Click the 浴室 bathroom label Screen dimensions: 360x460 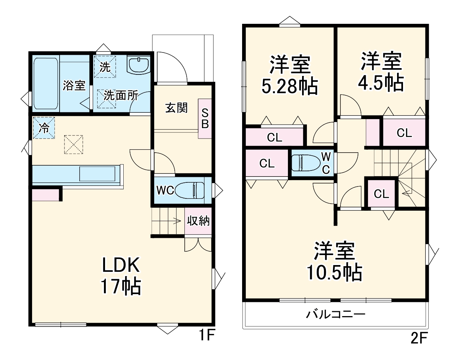[x=74, y=86]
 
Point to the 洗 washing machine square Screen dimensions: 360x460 [x=105, y=67]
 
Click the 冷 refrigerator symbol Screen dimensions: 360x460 [x=44, y=128]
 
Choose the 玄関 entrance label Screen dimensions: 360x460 [x=176, y=108]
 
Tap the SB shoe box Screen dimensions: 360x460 [x=205, y=119]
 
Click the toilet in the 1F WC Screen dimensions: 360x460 [x=190, y=190]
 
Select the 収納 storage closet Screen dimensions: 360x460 [x=198, y=221]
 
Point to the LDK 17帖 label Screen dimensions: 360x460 [x=121, y=276]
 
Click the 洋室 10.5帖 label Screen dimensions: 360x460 [x=334, y=262]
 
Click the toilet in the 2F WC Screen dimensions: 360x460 [x=306, y=163]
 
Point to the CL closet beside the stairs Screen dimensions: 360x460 [x=381, y=194]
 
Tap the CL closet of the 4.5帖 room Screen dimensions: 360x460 [x=404, y=133]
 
